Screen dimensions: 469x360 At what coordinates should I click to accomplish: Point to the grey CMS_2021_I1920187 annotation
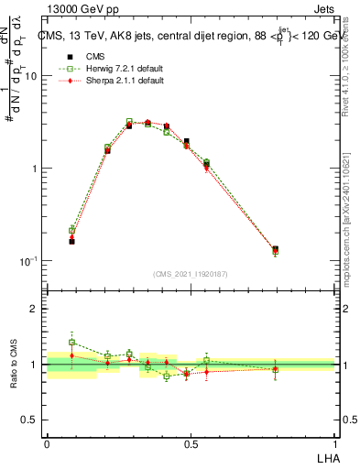point(191,273)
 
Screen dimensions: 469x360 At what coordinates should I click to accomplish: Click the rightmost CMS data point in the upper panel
point(275,249)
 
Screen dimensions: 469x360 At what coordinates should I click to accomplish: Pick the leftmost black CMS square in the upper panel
point(71,241)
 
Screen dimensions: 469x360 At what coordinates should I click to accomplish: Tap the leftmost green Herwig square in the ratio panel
point(71,342)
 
